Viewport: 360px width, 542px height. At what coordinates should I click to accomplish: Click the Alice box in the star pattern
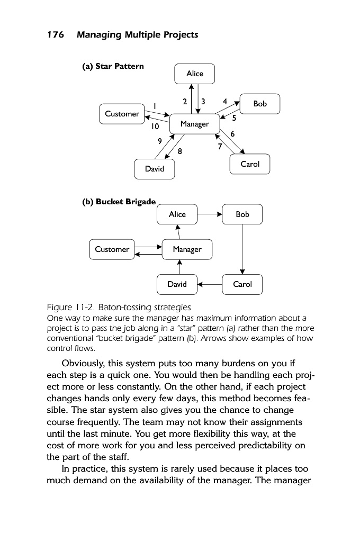[195, 74]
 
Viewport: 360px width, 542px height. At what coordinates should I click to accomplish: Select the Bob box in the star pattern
[260, 104]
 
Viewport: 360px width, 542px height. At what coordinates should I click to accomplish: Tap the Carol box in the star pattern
[250, 164]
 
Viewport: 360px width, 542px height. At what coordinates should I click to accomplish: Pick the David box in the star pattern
[155, 169]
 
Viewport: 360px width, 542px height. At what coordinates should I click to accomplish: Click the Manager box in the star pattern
[195, 124]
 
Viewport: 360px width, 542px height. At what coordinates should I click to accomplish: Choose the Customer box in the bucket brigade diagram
[112, 249]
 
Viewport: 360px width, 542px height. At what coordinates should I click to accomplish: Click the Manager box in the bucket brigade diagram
[187, 249]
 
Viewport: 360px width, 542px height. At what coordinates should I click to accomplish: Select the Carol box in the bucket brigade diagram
[242, 284]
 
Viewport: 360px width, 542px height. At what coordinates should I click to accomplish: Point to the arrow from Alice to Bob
[210, 214]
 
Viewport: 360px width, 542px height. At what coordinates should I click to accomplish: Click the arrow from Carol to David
[210, 284]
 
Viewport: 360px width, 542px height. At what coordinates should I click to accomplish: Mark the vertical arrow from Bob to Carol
[242, 249]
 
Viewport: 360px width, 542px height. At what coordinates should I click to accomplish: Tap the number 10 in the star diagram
[154, 127]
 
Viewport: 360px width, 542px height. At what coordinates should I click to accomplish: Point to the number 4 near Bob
[225, 101]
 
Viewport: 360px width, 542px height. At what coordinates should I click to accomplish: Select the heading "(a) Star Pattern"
[113, 66]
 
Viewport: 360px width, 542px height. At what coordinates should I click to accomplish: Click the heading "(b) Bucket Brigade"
[119, 202]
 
